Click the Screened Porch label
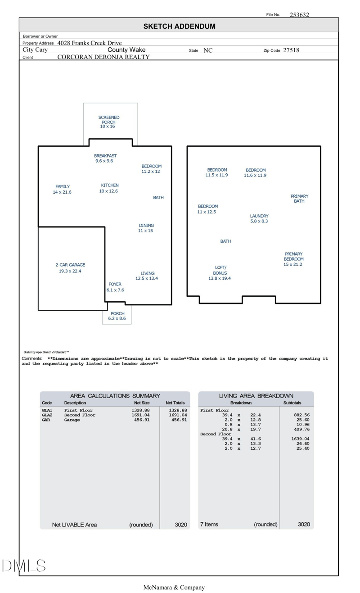pos(108,120)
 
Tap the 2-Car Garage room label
pos(70,265)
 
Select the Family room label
pos(63,186)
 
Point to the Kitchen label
pos(110,186)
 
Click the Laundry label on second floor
pos(259,216)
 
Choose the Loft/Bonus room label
pos(220,270)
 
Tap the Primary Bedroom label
pos(293,257)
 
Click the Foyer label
pos(115,285)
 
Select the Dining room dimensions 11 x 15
pos(145,231)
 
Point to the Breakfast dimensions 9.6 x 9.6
pos(104,161)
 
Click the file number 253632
pos(299,15)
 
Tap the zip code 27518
pos(291,50)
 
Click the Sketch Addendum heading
pos(179,27)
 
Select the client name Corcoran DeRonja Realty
pos(103,57)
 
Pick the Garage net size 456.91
pos(142,420)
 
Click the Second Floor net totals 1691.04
pos(178,415)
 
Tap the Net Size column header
pos(142,403)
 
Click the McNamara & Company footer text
pos(174,588)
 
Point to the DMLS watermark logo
pos(23,566)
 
